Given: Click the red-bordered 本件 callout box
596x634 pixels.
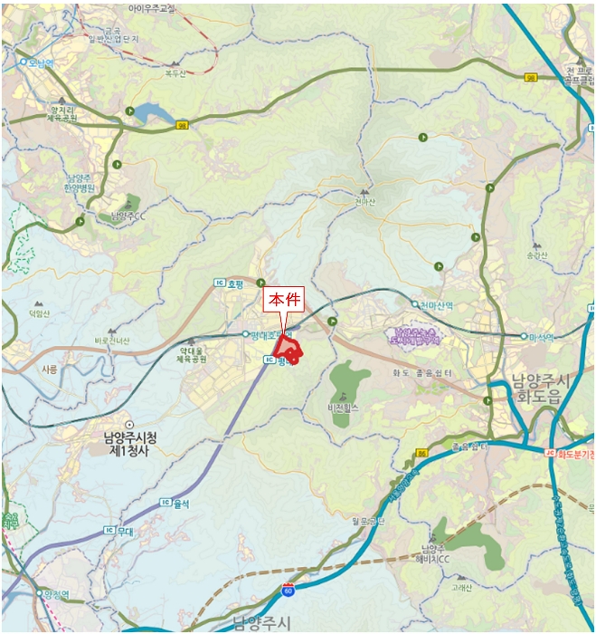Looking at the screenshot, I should click(x=284, y=301).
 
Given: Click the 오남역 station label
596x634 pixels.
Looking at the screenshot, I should click(x=42, y=62).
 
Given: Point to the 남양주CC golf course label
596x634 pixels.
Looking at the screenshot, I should click(x=128, y=216).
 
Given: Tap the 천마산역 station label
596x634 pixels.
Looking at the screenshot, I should click(x=436, y=305).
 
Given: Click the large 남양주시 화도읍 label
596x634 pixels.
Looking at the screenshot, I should click(x=537, y=389).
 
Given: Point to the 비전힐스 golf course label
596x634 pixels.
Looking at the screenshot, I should click(x=344, y=408).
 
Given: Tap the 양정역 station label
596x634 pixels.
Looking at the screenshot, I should click(x=56, y=594).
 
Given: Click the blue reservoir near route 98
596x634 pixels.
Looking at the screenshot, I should click(x=150, y=114).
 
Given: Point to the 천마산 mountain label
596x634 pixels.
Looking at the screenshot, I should click(x=364, y=204).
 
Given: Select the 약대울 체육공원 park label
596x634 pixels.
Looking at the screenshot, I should click(x=194, y=354).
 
